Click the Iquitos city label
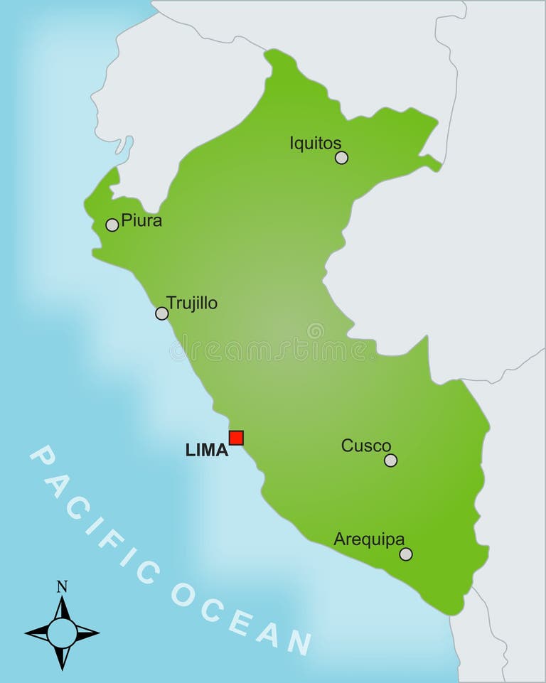point(315,143)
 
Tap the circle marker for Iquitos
point(342,158)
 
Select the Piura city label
point(141,220)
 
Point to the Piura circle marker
point(112,225)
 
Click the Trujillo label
point(192,303)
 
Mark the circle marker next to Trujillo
point(162,313)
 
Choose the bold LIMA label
point(207,450)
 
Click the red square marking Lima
point(236,438)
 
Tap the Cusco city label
point(366,446)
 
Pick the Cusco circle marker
point(390,461)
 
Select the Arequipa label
point(369,539)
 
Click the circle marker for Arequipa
point(406,554)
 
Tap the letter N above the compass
point(62,586)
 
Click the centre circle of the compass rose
point(62,633)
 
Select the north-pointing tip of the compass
point(62,598)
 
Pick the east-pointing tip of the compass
point(98,632)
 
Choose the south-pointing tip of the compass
point(62,669)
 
